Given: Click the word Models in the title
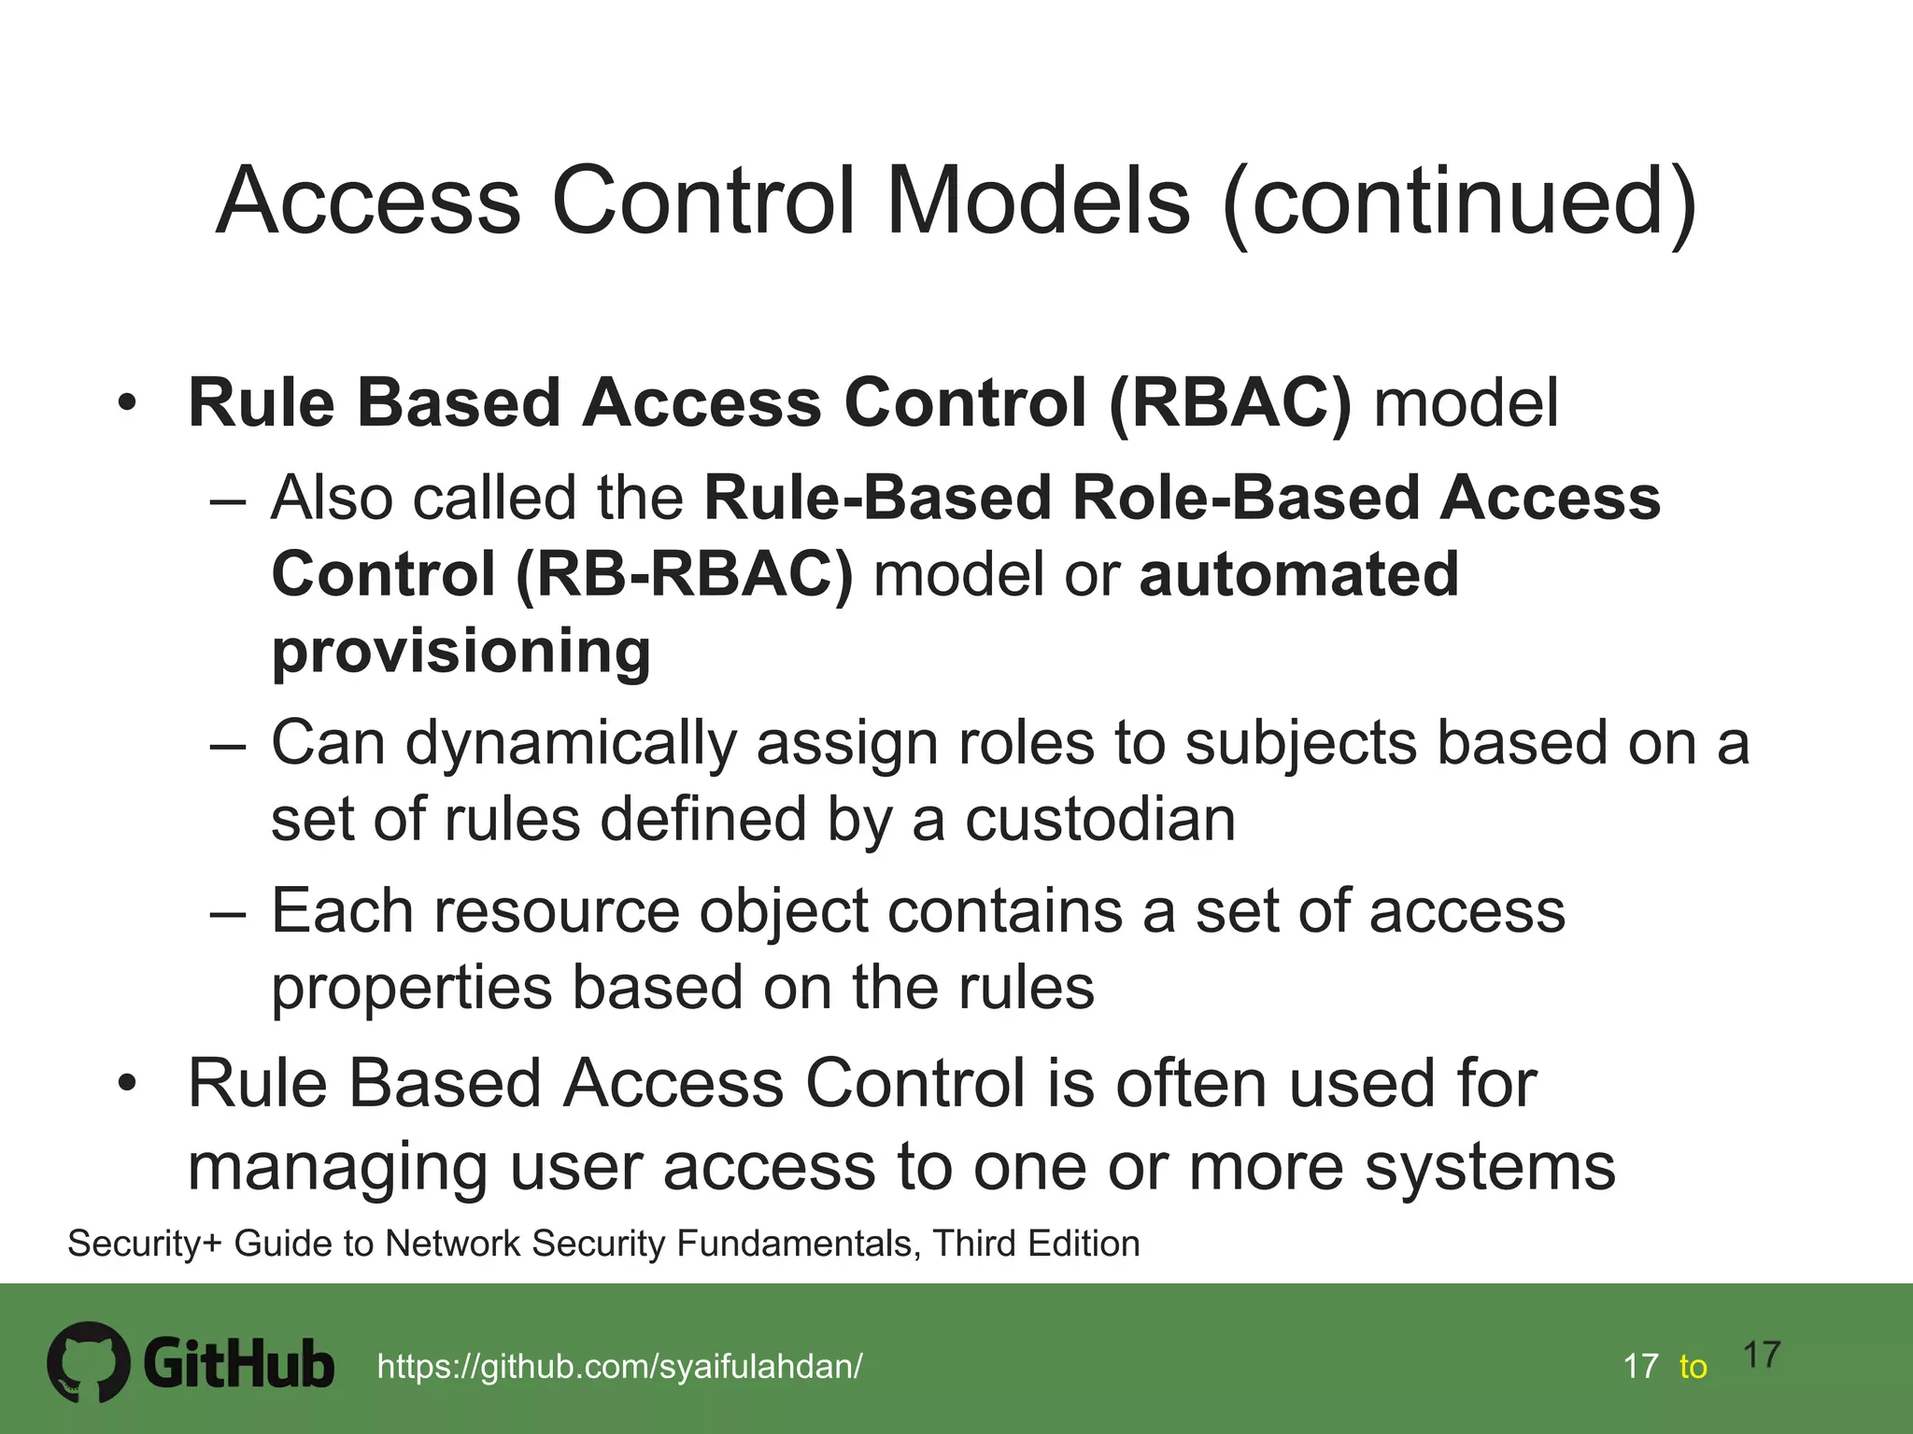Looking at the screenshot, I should click(x=1037, y=201).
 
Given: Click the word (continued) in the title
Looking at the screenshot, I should click(x=1459, y=201).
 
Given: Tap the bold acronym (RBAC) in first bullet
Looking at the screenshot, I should click(x=1229, y=403).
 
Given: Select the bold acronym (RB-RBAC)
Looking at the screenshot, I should click(x=684, y=574).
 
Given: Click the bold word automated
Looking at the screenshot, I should click(x=1298, y=574).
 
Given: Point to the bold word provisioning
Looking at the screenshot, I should click(x=461, y=652).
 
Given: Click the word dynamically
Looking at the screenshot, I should click(x=571, y=744).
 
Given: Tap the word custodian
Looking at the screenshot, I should click(x=1099, y=820).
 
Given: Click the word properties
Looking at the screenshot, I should click(x=412, y=988).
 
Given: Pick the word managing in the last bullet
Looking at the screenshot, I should click(x=337, y=1167).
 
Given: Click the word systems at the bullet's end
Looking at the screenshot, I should click(x=1490, y=1167).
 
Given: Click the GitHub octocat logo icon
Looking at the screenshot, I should click(x=89, y=1361).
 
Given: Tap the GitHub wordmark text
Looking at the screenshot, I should click(x=239, y=1364).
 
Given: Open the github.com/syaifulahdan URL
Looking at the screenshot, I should click(x=619, y=1367).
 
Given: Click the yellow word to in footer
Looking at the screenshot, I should click(x=1693, y=1367).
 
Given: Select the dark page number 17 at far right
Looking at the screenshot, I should click(x=1762, y=1355).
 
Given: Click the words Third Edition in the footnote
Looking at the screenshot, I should click(x=1036, y=1244).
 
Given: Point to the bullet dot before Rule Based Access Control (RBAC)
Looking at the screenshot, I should click(x=127, y=403).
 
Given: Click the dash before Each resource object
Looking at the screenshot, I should click(x=228, y=912).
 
